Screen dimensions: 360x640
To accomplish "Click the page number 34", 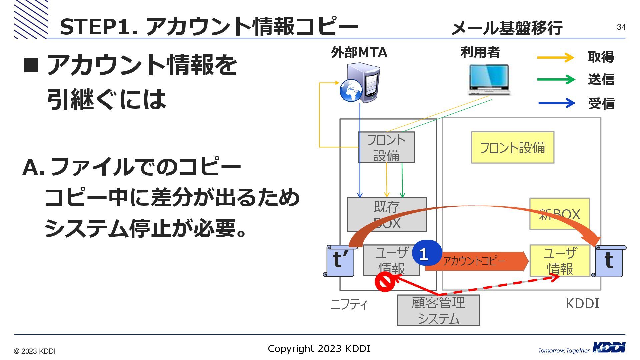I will click(x=621, y=27).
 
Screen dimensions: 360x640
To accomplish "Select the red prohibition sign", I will click(x=385, y=282).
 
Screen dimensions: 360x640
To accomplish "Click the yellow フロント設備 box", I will click(x=512, y=147).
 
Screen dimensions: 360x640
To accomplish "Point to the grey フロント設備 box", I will click(x=386, y=147).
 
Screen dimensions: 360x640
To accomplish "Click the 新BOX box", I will click(x=560, y=214).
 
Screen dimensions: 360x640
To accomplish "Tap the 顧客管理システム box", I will click(x=438, y=310).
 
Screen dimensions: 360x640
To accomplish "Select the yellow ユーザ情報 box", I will click(x=560, y=261).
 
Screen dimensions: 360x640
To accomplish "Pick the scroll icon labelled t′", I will click(x=340, y=261).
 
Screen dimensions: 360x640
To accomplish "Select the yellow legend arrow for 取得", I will click(x=555, y=57).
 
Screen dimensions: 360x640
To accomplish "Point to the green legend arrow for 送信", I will click(x=556, y=80).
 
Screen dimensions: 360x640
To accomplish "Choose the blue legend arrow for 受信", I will click(x=557, y=103).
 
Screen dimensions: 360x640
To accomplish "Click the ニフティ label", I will click(x=349, y=304).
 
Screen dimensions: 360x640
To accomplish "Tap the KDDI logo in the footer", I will click(x=609, y=348).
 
